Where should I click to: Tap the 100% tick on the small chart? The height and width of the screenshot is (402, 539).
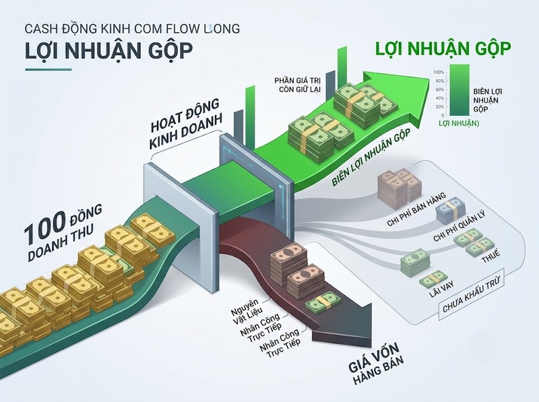coord(439,73)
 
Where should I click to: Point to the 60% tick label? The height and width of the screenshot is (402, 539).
coord(440,90)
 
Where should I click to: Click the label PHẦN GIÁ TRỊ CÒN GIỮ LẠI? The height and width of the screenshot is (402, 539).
coord(297,85)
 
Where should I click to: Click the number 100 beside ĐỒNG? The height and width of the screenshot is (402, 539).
coord(44,226)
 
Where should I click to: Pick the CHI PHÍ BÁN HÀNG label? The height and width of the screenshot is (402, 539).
coord(416,209)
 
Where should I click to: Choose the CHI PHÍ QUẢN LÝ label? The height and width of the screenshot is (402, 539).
coord(459,227)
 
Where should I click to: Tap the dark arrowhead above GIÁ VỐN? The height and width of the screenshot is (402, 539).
coord(356,322)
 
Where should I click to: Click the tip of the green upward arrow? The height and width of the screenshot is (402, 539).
coord(429,78)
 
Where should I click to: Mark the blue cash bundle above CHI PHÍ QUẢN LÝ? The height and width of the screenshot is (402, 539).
coord(451,209)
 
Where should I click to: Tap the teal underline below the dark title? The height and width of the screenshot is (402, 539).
coord(48,70)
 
